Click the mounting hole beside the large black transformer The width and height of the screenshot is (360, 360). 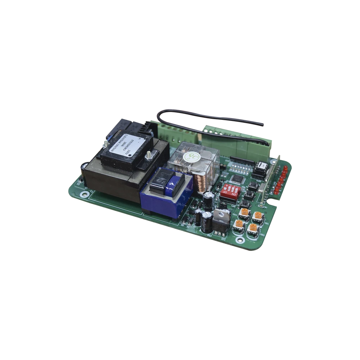click(x=85, y=194)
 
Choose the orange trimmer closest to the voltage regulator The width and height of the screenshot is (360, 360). click(x=238, y=224)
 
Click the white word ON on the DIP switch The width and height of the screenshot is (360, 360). click(x=234, y=194)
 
